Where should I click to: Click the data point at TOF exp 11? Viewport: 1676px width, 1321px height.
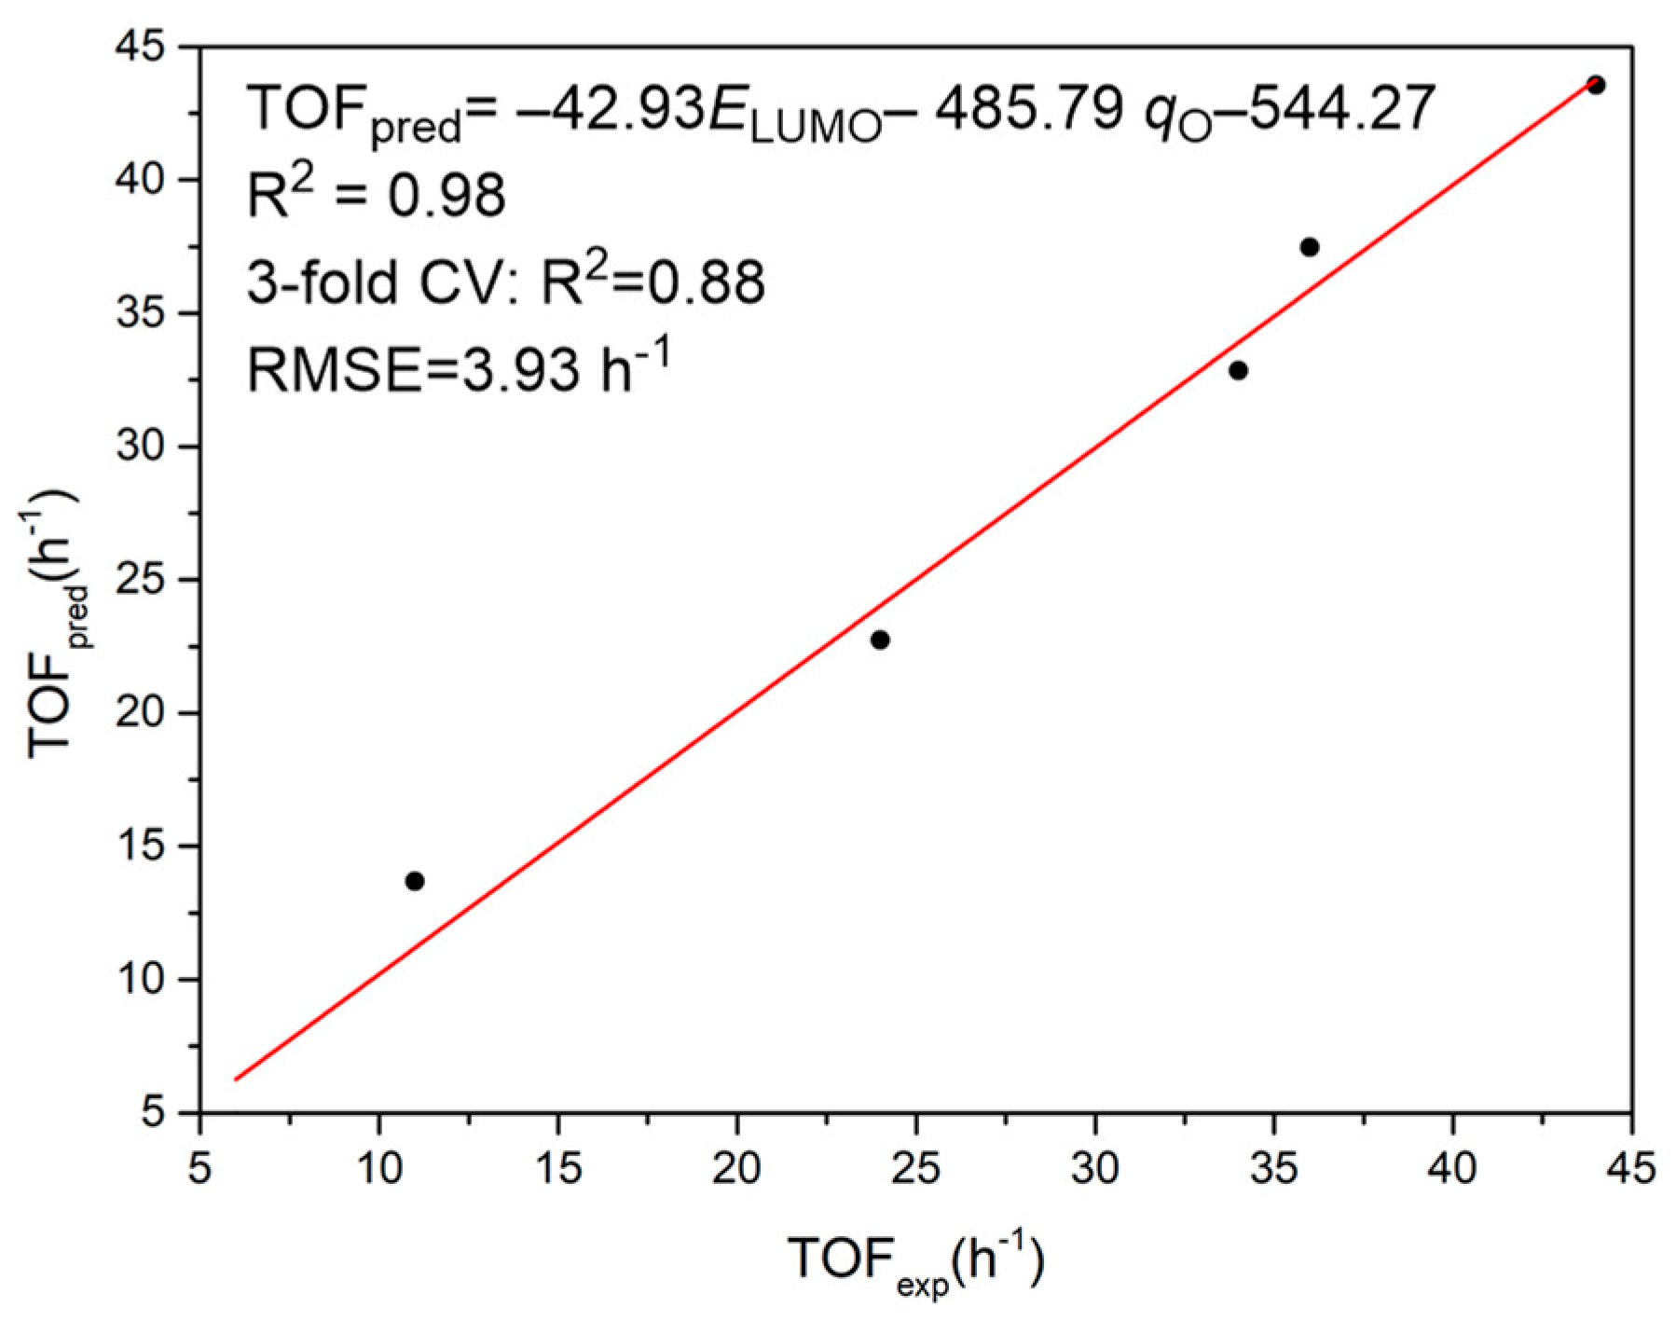[415, 881]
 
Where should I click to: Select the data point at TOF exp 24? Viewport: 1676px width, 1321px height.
[880, 640]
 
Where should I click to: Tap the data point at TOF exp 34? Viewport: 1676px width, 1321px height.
[1238, 370]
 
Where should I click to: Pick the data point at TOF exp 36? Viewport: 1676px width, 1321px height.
[1310, 247]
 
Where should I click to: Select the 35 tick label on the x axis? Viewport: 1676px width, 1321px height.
[1273, 1167]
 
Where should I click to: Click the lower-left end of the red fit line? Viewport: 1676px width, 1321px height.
[237, 1079]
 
